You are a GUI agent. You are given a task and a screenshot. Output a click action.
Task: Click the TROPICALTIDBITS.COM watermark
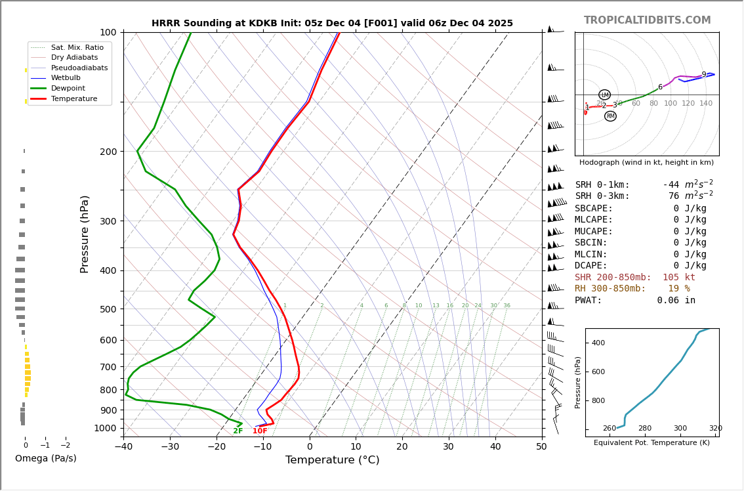(x=647, y=20)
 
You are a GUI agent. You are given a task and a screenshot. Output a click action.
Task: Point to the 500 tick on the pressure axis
(x=108, y=309)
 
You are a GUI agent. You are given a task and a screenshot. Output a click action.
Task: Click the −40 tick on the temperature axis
(x=123, y=447)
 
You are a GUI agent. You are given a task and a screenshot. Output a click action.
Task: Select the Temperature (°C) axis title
(x=332, y=460)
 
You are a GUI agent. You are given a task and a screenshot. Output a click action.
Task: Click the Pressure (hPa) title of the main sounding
(x=85, y=234)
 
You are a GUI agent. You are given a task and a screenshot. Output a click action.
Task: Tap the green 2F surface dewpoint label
(x=238, y=431)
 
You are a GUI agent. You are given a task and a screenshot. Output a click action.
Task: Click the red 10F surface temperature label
(x=260, y=431)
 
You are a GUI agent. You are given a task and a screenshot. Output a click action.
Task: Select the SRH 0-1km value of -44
(x=673, y=185)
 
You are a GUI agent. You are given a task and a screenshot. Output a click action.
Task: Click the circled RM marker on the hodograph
(x=610, y=116)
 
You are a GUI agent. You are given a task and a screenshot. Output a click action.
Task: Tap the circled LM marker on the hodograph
(x=604, y=95)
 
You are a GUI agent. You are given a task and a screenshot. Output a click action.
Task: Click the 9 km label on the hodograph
(x=704, y=75)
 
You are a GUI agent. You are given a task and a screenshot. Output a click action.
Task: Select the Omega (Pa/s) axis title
(x=46, y=459)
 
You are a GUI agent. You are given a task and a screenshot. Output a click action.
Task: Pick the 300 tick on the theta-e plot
(x=680, y=429)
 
